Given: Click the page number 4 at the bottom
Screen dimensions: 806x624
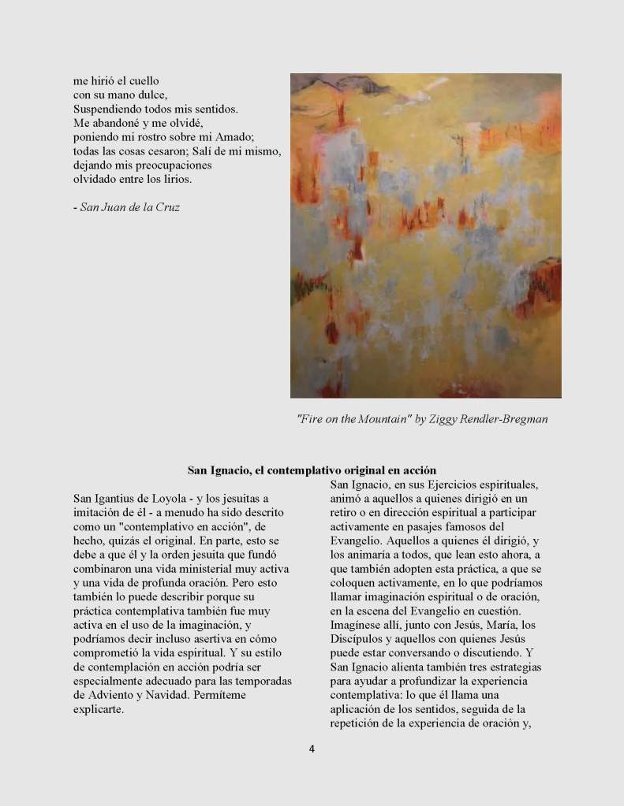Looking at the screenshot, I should point(312,748).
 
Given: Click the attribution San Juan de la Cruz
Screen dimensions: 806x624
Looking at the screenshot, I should point(130,208).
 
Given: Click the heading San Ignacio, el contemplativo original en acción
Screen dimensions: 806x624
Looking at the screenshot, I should point(312,470).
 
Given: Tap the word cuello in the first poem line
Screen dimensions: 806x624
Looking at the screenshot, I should point(143,80).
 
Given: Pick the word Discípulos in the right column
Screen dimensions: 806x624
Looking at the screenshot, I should point(357,641).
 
